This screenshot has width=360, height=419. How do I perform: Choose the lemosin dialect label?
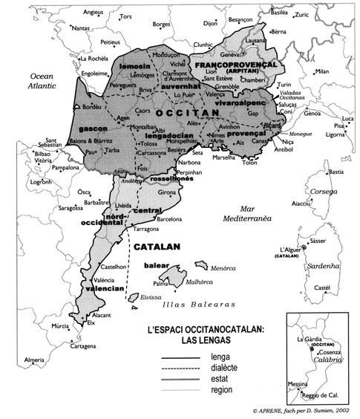(134, 67)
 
